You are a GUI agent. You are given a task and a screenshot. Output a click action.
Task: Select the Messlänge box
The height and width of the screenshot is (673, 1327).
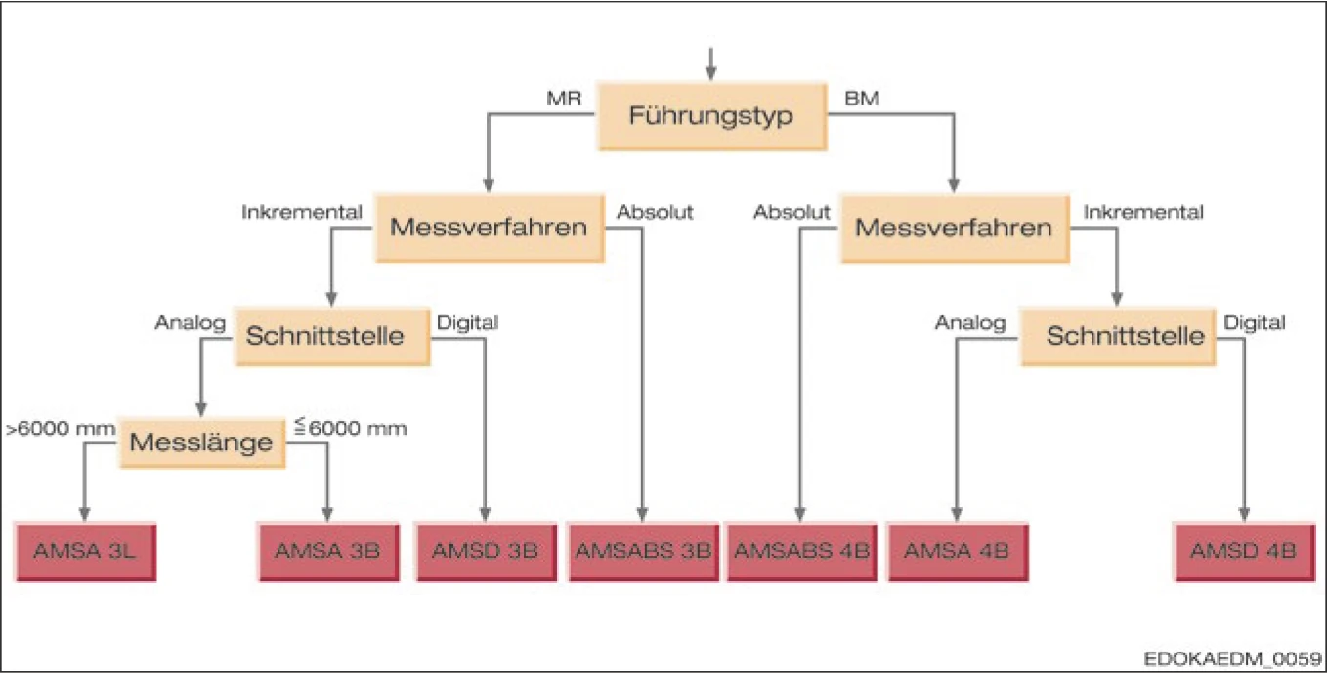(x=201, y=442)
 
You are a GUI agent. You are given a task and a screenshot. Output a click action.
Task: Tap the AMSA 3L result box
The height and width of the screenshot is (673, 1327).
(x=86, y=551)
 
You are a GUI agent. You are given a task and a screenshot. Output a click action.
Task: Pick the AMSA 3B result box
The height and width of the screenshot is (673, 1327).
(x=327, y=551)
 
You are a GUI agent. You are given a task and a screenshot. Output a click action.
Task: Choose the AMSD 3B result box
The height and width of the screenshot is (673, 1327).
(x=486, y=551)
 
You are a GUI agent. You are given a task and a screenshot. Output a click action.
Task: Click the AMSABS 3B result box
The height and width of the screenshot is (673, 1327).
(x=642, y=551)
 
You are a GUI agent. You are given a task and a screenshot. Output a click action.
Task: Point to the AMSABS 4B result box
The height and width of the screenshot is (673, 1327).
(x=800, y=551)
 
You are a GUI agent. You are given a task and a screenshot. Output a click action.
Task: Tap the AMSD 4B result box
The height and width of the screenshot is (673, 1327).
(x=1243, y=551)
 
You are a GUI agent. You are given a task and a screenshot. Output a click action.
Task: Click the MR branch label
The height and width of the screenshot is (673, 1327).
(x=564, y=98)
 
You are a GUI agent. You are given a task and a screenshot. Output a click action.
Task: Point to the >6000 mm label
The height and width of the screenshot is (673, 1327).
(x=54, y=428)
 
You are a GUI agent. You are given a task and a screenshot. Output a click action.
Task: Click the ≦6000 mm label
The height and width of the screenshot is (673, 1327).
(x=350, y=428)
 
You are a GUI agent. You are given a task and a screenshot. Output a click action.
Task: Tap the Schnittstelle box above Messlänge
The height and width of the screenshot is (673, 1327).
(x=330, y=335)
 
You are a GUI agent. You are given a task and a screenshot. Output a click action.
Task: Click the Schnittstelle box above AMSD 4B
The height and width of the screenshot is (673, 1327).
(x=1124, y=335)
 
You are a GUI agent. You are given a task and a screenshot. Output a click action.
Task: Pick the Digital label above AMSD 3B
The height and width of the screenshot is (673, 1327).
(x=467, y=321)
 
